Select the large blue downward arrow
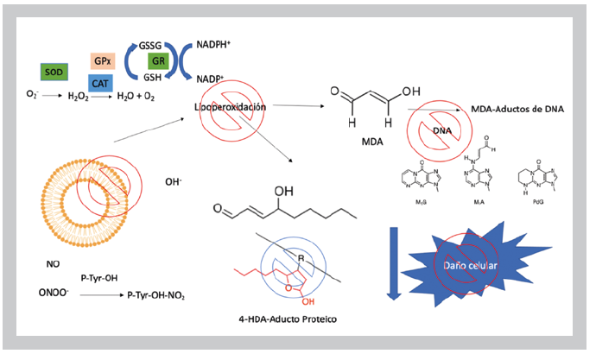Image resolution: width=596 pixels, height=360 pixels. point(393,258)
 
